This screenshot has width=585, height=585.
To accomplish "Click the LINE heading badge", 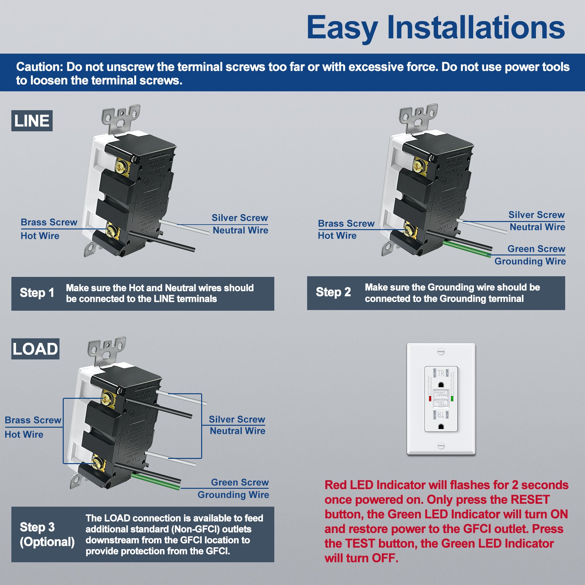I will coord(32,121).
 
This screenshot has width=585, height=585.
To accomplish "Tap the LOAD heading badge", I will coord(35,349).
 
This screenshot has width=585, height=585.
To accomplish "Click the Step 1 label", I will coord(37,293).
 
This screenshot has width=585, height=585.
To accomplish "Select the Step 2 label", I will coord(333,292).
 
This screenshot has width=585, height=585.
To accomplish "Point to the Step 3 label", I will coord(37,527).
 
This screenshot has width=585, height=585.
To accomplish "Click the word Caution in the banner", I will coord(39,67).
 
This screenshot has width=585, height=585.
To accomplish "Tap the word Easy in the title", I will coord(342,28).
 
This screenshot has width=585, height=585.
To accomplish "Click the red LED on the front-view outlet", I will coord(430,398).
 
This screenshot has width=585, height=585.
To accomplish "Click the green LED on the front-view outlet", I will coord(452,398).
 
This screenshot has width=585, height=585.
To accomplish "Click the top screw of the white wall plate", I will coord(441,351).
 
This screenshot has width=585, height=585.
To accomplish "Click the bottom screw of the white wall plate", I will coord(441,445).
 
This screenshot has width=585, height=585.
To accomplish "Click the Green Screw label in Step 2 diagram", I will coord(536,249).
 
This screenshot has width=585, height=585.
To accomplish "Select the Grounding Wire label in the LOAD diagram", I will coord(233,495).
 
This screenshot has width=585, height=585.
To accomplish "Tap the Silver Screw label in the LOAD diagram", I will coord(237,420).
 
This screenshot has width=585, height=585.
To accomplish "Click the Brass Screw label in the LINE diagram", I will coord(49,222).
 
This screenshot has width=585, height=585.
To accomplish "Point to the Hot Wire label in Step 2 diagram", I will coord(337,236).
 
